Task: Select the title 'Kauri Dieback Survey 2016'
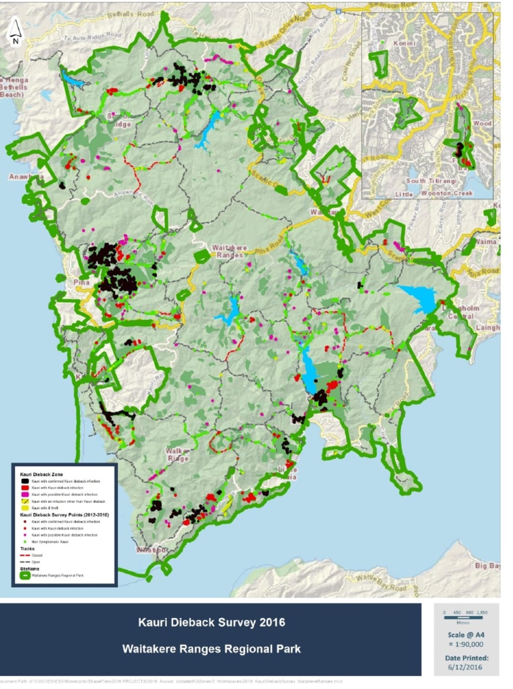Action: click(211, 622)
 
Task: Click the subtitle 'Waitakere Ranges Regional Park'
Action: click(211, 649)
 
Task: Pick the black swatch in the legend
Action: click(25, 481)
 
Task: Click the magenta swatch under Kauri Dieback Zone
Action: click(25, 495)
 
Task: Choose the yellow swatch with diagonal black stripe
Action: click(25, 501)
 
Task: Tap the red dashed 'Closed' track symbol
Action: click(25, 556)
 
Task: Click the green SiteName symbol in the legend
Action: click(25, 576)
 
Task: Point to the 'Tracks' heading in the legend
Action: click(27, 549)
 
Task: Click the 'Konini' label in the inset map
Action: click(405, 43)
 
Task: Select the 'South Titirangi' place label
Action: click(432, 181)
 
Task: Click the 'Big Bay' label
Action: click(488, 566)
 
